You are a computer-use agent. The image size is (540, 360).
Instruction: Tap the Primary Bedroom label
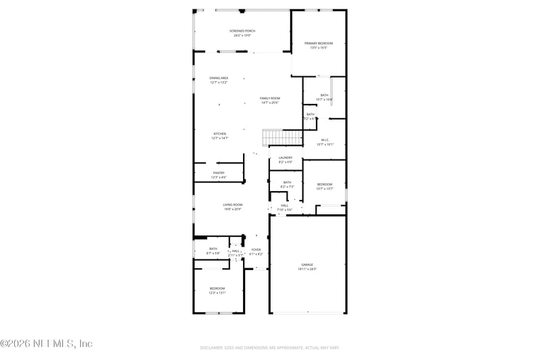pos(318,43)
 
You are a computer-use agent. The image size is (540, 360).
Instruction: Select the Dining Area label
pos(219,78)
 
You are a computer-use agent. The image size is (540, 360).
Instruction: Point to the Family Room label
pos(270,99)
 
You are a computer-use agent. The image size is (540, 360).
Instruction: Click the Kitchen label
pos(219,134)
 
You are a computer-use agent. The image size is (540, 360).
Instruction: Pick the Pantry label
pos(219,173)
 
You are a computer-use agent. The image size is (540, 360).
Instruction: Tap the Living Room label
pos(233,205)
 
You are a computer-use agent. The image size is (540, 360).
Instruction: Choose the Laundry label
pos(286,158)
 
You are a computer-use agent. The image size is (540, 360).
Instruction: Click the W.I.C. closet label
pos(325,140)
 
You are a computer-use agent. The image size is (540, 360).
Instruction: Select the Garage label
pos(307,264)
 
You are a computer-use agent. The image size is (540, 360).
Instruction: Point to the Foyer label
pos(256,251)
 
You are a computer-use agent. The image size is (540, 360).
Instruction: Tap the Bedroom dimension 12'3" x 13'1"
pos(217,293)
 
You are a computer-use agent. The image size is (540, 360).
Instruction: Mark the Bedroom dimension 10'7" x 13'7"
pos(325,189)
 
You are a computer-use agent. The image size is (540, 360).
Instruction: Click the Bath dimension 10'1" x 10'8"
pos(325,99)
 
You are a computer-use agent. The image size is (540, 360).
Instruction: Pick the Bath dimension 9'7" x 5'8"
pos(213,253)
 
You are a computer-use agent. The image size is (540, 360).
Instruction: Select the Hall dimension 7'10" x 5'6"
pos(285,209)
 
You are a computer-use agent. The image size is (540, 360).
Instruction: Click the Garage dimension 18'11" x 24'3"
pos(307,269)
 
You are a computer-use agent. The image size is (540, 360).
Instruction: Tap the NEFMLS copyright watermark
pos(46,344)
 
